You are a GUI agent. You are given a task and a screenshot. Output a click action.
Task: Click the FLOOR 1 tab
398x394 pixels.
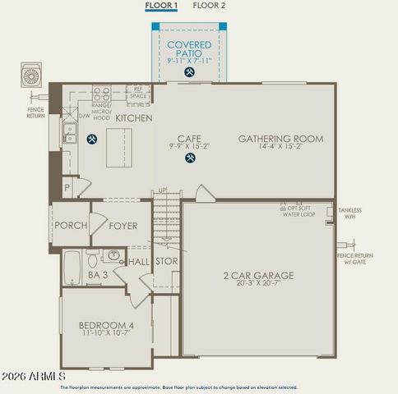click(x=161, y=6)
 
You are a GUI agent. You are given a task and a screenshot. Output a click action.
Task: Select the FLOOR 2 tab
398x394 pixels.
click(x=209, y=6)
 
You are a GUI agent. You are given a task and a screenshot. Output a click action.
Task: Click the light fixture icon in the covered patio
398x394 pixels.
click(x=190, y=72)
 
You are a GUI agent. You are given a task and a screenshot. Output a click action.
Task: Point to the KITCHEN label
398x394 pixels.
click(x=133, y=119)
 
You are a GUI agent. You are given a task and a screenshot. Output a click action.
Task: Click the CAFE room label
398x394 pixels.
click(x=190, y=139)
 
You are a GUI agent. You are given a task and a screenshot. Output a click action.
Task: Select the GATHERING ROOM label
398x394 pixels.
click(x=280, y=139)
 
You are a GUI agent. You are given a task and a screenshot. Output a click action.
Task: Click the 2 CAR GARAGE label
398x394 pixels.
click(x=258, y=276)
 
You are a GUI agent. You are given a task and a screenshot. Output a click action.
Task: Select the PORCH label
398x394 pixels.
click(x=71, y=226)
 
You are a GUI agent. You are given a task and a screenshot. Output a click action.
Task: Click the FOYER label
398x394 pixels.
click(x=123, y=226)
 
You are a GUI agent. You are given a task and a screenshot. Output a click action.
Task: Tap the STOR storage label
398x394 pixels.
click(x=165, y=263)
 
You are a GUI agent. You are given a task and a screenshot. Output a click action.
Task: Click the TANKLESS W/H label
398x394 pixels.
click(x=349, y=213)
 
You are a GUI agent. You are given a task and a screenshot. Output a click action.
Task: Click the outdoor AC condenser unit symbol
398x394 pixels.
click(x=32, y=76)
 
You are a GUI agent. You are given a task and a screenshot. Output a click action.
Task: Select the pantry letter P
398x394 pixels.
click(x=66, y=187)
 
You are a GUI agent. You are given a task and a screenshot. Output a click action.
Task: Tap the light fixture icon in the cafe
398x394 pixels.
click(x=190, y=158)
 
